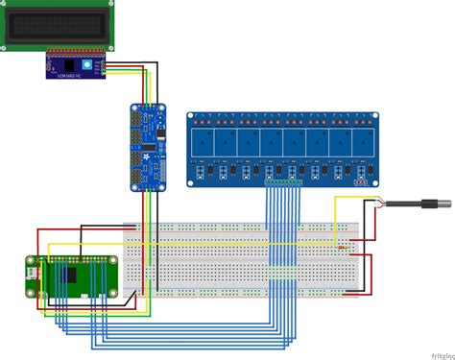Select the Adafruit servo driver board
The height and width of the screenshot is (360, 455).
[147, 148]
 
